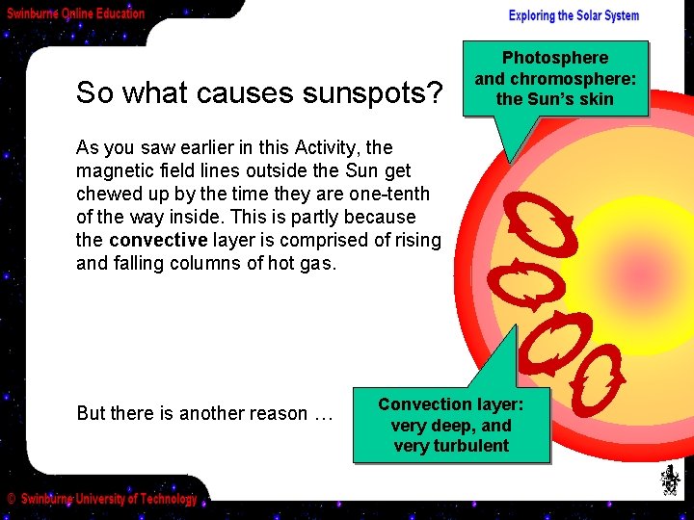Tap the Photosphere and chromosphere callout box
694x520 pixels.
[555, 78]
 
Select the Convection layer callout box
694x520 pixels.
[450, 425]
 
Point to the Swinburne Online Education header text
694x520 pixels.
[76, 13]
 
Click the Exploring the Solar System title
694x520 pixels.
[574, 15]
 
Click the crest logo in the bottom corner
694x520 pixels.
[669, 481]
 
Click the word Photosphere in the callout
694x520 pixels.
[555, 58]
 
